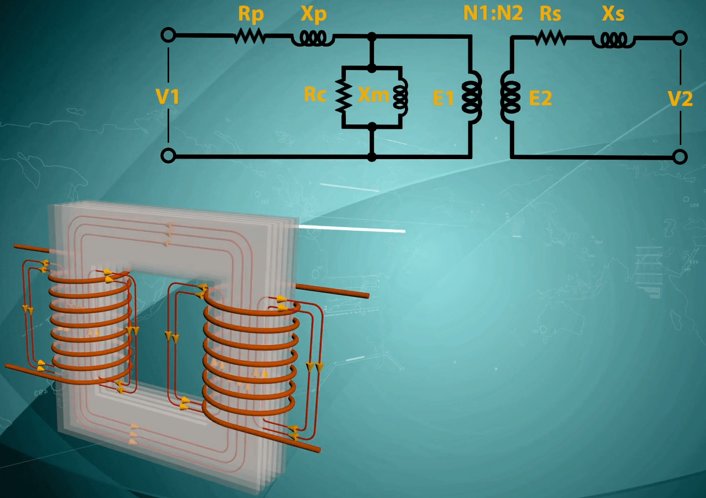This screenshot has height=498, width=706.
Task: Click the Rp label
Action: click(251, 14)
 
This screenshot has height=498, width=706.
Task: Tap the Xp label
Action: click(313, 14)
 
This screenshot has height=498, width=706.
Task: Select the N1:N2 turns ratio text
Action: click(492, 13)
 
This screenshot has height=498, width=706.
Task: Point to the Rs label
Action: click(550, 14)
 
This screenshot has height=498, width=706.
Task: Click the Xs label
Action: click(613, 14)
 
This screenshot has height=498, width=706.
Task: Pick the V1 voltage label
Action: click(167, 96)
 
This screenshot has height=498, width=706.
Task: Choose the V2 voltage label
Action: click(680, 98)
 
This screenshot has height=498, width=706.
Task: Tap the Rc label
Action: click(315, 94)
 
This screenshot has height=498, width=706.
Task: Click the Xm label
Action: click(373, 94)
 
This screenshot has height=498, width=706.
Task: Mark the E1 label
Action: click(443, 98)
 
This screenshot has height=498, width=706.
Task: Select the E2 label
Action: click(540, 98)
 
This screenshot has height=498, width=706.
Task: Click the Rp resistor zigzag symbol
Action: click(249, 36)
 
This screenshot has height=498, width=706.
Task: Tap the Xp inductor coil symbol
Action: click(313, 38)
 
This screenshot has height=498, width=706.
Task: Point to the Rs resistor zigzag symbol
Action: click(550, 38)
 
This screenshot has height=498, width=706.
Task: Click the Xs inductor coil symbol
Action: click(613, 40)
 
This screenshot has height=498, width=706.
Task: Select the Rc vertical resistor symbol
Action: click(343, 95)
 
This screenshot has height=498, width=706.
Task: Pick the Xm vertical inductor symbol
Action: click(401, 96)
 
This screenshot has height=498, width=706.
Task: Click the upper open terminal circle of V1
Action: click(168, 35)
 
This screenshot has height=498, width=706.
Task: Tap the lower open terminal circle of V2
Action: click(680, 157)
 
